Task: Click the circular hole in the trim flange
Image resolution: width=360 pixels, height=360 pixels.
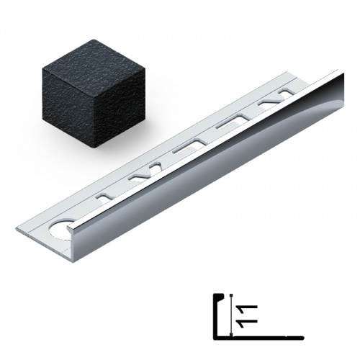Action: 59,228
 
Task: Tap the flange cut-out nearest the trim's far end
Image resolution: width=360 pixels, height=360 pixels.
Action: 287,92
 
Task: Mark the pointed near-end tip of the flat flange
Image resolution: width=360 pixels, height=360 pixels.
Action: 17,228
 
